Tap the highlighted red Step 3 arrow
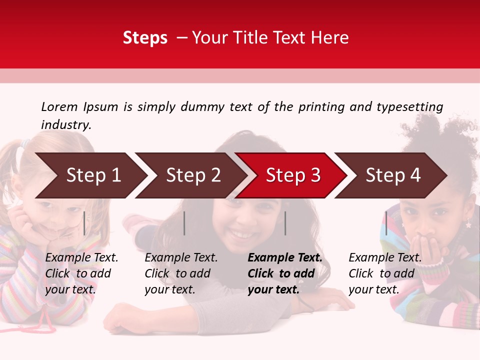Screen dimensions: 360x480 point(293,175)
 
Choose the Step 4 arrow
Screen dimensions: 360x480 point(393,175)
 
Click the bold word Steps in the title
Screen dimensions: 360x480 point(145,38)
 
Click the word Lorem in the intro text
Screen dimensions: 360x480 point(58,106)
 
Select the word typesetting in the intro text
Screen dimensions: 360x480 point(409,106)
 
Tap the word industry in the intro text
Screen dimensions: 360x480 point(66,125)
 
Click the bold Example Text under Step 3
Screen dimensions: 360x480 point(285,258)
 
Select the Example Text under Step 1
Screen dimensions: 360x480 point(81,258)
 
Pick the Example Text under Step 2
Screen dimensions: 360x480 point(181,258)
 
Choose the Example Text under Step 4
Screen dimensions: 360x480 point(385,258)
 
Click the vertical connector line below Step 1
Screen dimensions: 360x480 point(84,223)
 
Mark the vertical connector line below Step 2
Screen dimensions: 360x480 point(184,223)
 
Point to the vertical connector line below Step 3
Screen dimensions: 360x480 point(285,223)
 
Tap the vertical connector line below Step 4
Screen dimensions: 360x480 point(386,223)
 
